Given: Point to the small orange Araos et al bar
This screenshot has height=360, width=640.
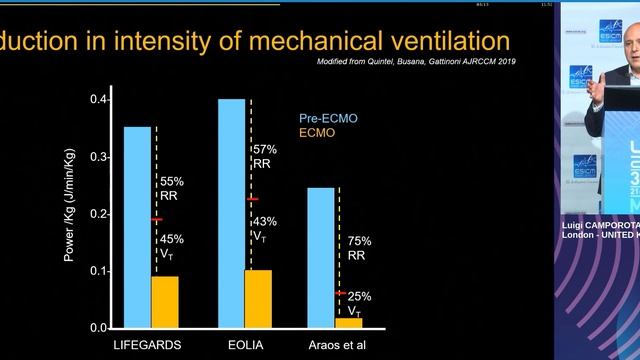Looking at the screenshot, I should [349, 323].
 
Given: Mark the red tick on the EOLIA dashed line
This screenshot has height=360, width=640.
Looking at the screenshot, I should [252, 199].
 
